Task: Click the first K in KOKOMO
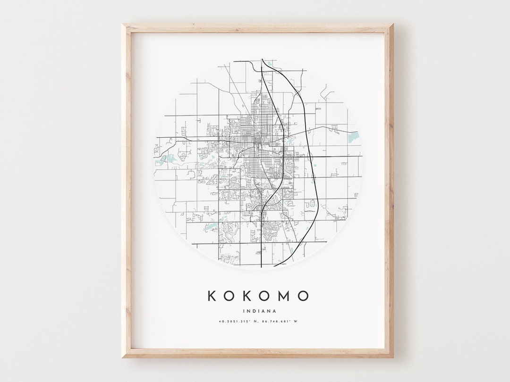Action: (212, 296)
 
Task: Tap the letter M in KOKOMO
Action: (282, 296)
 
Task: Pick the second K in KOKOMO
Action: (247, 296)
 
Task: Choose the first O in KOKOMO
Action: (229, 296)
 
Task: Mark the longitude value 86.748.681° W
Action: (280, 322)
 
